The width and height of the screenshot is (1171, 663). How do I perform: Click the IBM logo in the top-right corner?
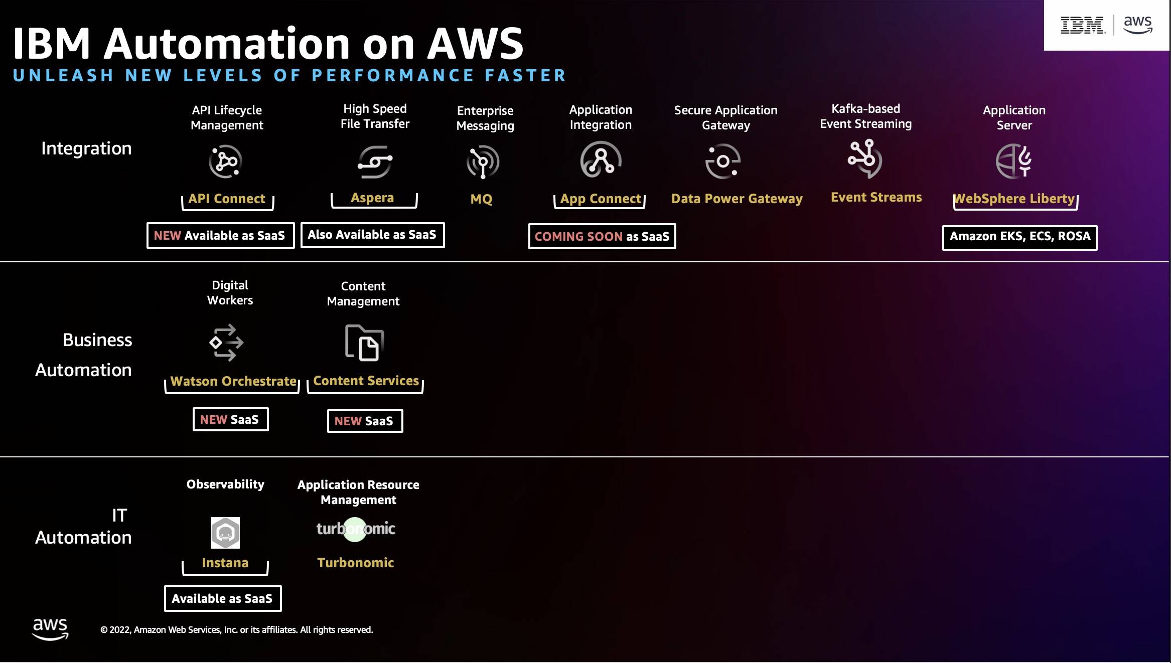(x=1082, y=25)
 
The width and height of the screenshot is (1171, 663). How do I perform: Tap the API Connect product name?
(x=227, y=199)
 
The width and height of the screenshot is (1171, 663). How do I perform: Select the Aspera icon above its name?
(x=375, y=161)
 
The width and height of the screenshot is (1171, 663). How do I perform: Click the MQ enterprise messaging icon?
(x=483, y=161)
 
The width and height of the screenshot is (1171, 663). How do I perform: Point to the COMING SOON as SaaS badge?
(x=602, y=236)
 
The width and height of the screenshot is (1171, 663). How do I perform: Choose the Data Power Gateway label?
(x=737, y=199)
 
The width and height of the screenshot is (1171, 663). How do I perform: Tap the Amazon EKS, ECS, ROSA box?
(x=1019, y=237)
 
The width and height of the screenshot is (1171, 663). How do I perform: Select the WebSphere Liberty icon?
(x=1013, y=160)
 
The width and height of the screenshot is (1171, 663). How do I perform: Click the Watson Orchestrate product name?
(x=233, y=381)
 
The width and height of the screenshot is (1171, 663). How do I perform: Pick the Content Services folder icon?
(x=364, y=343)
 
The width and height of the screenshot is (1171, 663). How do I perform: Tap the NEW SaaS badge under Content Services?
(x=365, y=421)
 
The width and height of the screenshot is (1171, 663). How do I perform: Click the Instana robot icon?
(x=225, y=533)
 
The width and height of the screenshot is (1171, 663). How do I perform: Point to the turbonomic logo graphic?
(x=356, y=529)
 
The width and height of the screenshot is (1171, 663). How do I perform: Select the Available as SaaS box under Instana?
(x=223, y=598)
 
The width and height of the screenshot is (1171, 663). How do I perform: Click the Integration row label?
(x=86, y=148)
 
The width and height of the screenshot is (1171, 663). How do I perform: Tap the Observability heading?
(x=225, y=484)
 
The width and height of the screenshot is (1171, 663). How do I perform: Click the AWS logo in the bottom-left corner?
(x=50, y=629)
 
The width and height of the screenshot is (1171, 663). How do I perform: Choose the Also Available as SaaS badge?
(x=372, y=235)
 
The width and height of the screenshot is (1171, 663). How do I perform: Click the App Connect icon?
(x=601, y=160)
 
